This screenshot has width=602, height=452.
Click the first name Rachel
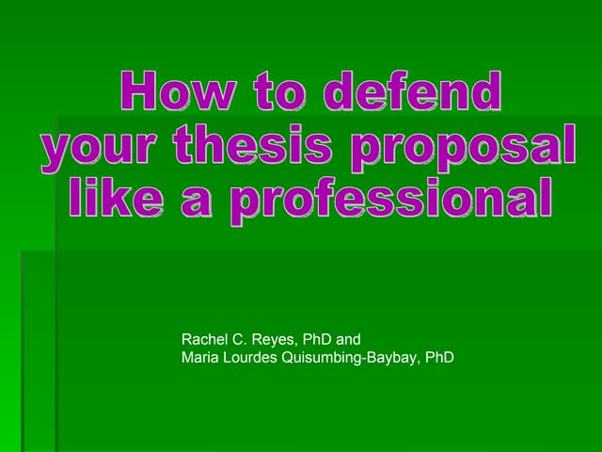click(203, 339)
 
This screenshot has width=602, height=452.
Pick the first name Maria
click(199, 358)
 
